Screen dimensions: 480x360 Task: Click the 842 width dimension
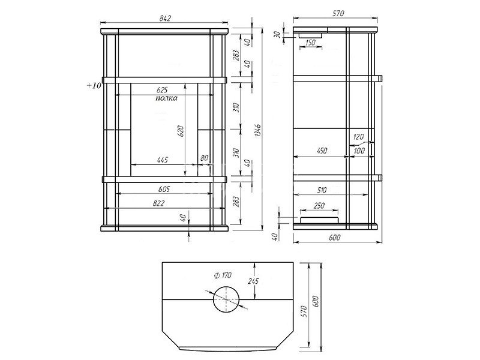(164, 19)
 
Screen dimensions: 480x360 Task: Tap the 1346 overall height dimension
(258, 130)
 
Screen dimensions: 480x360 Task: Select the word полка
(166, 98)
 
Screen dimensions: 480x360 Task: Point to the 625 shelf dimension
(162, 91)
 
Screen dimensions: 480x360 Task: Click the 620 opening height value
(181, 131)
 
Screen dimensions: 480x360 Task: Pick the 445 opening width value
(162, 160)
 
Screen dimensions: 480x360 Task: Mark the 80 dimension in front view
(204, 158)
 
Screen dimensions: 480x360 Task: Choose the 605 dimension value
(164, 189)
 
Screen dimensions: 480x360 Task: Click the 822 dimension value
(159, 203)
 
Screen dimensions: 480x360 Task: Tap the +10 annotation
(94, 86)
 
